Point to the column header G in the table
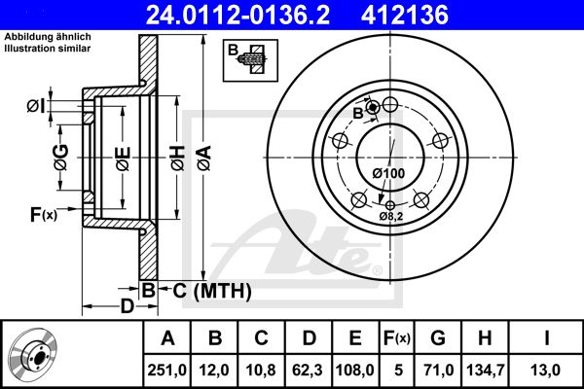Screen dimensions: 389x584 (438, 337)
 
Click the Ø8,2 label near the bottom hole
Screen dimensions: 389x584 (393, 217)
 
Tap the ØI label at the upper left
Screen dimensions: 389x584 (34, 105)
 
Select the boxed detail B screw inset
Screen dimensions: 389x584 (250, 60)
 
